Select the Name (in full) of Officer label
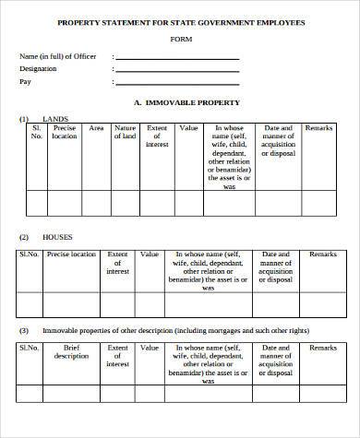tap(57, 57)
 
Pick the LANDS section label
tap(55, 119)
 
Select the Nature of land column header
tap(125, 133)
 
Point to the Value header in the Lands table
tap(188, 129)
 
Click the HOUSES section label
tap(57, 238)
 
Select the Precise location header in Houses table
tap(71, 254)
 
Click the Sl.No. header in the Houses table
tap(29, 254)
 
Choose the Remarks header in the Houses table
tap(322, 254)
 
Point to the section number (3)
tap(24, 329)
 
